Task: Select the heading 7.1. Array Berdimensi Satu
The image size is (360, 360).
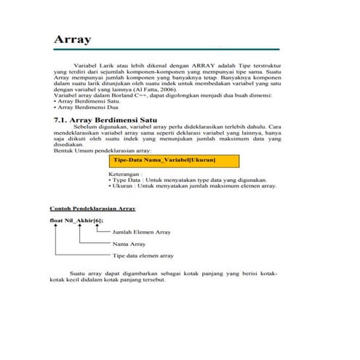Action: click(111, 119)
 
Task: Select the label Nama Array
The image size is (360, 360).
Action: click(129, 244)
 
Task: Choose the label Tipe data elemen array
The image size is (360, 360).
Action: click(143, 256)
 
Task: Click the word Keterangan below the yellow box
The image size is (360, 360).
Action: click(126, 175)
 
